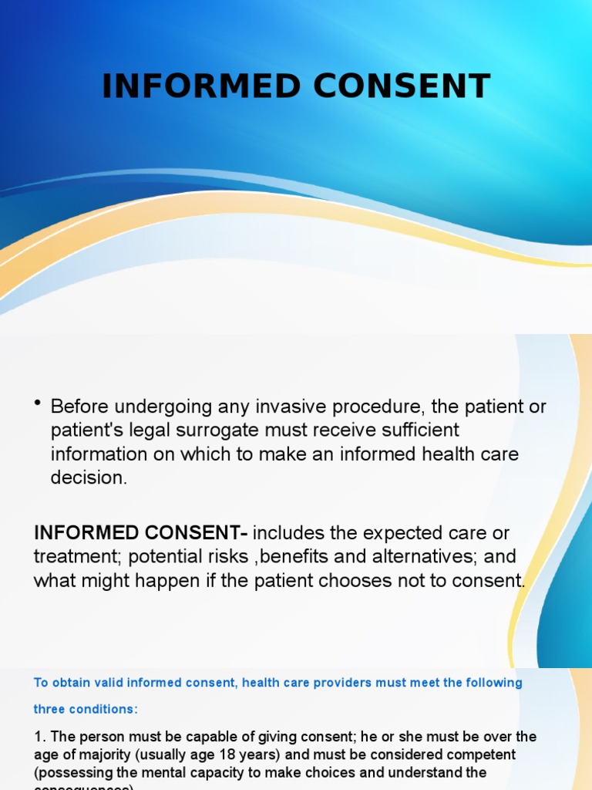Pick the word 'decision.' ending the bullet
[x=88, y=478]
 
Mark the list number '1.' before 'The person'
[x=40, y=737]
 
